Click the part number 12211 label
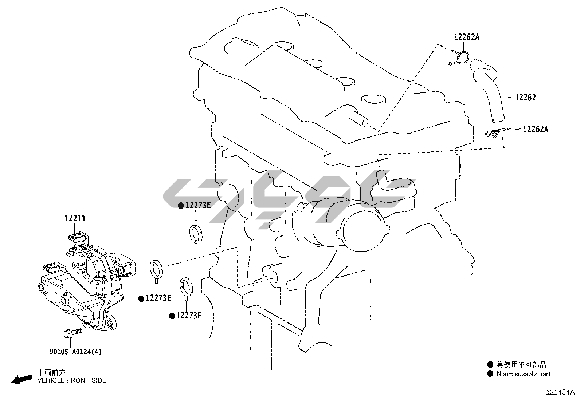tap(75, 218)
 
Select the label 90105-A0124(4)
tap(75, 352)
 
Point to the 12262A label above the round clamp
tap(467, 37)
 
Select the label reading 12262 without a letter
tap(525, 98)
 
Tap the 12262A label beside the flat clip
tap(535, 129)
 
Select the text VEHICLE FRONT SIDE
tap(72, 380)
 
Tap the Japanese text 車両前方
tap(52, 372)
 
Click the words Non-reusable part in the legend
tap(524, 374)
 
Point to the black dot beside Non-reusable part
tap(490, 374)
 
